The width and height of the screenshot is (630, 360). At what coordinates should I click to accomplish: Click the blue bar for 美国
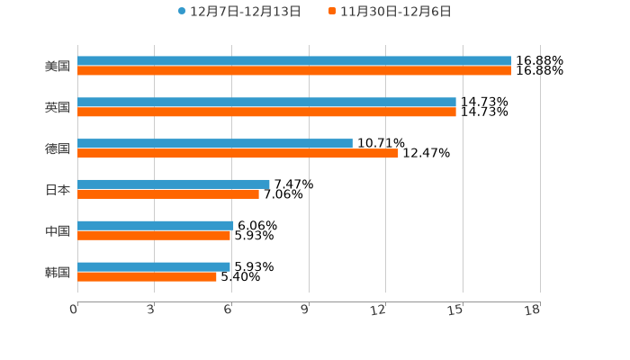tap(294, 61)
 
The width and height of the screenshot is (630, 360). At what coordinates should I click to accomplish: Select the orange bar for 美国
tap(294, 71)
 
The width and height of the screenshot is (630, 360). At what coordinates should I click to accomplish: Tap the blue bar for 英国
tap(266, 103)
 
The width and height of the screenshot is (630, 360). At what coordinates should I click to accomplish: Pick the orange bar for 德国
tap(238, 153)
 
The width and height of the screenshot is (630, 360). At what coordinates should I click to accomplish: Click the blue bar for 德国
tap(215, 143)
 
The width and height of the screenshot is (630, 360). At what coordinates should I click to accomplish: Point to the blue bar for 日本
tap(174, 184)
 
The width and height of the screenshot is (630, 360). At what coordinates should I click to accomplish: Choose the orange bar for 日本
tap(168, 193)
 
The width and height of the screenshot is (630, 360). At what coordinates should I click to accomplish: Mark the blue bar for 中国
tap(156, 225)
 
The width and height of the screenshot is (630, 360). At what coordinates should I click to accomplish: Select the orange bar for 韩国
tap(147, 276)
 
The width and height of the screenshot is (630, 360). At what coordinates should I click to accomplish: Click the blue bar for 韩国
tap(154, 266)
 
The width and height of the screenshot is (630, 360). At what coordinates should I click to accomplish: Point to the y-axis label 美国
tap(58, 66)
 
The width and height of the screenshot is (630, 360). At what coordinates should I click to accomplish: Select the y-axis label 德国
tap(58, 148)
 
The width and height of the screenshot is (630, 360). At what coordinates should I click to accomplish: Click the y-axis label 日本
tap(58, 190)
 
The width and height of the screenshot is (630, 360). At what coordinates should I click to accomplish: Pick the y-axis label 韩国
tap(58, 272)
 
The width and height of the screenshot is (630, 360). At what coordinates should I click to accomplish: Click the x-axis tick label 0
tap(74, 310)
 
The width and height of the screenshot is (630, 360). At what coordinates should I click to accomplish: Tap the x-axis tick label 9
tap(305, 310)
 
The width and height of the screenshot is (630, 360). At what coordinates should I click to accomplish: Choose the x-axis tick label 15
tap(456, 310)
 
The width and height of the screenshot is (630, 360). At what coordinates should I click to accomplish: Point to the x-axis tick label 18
tap(533, 310)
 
